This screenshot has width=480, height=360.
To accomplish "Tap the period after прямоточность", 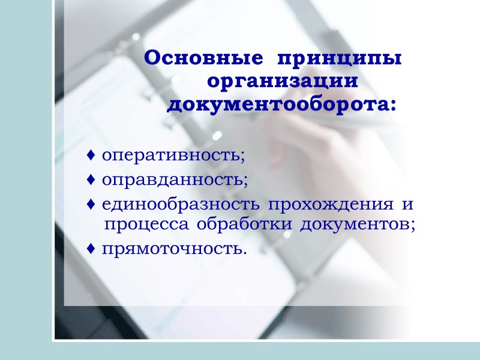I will (x=244, y=252).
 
